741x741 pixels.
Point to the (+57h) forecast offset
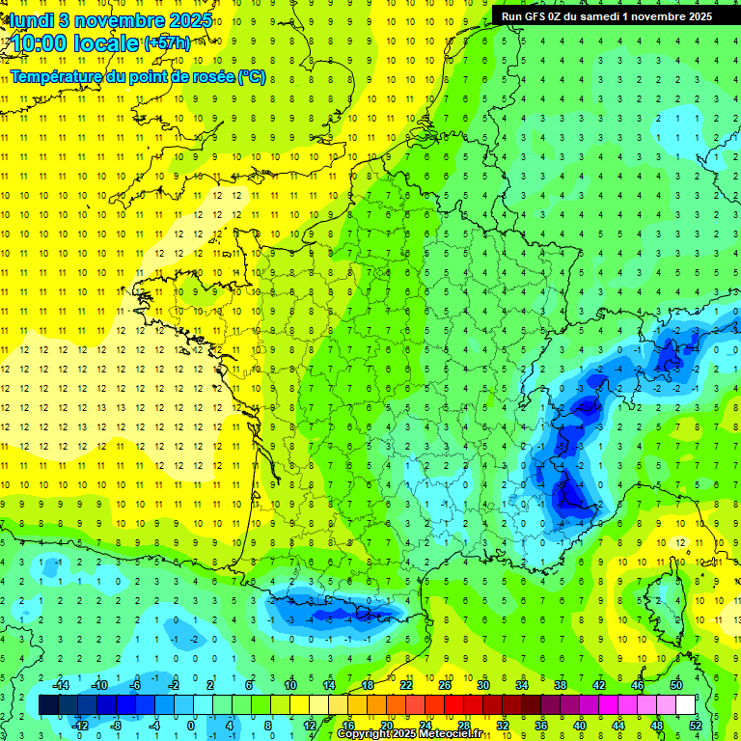pos(167,43)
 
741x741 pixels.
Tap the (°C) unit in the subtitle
pos(251,77)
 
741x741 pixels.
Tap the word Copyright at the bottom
pos(367,734)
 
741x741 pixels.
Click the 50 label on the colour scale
pos(676,685)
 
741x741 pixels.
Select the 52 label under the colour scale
pos(696,725)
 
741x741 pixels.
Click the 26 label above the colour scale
pos(445,685)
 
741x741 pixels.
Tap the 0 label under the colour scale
pos(190,725)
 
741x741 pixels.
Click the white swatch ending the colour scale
pos(686,705)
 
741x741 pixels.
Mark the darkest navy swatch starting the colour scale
pos(48,705)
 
